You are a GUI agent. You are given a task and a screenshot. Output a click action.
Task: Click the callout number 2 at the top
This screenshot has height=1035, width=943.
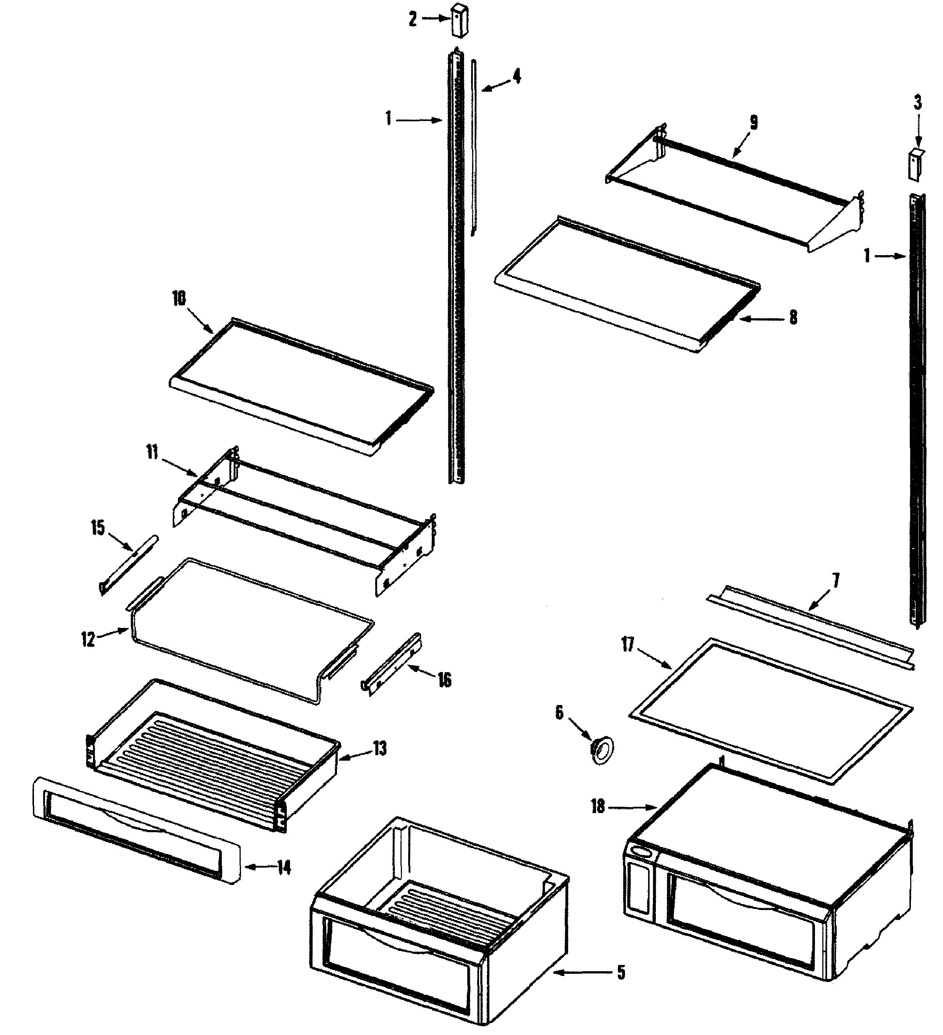pos(413,20)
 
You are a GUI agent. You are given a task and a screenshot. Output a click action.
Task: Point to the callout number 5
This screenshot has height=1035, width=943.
pos(621,972)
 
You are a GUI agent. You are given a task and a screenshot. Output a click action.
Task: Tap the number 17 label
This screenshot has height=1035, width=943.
pos(628,644)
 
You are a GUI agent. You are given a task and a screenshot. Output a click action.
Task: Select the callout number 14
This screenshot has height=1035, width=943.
pos(284,868)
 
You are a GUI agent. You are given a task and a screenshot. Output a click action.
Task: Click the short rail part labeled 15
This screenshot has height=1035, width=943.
pos(128,565)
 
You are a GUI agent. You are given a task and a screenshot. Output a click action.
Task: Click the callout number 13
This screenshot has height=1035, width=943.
pos(379,749)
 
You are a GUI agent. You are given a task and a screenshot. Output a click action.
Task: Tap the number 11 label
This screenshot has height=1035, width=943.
pos(152,453)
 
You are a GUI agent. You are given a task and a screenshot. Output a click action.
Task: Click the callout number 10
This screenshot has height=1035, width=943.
pos(179,298)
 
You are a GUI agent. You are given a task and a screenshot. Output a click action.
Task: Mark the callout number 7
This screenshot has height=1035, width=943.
pos(836,581)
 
